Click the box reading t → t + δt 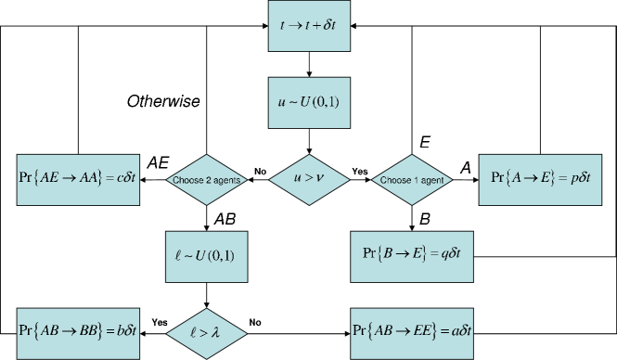pyautogui.click(x=309, y=26)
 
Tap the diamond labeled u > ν pyautogui.click(x=309, y=178)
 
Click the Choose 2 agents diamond pyautogui.click(x=205, y=180)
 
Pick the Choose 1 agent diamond pyautogui.click(x=411, y=180)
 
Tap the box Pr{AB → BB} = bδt pyautogui.click(x=78, y=330)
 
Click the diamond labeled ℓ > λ pyautogui.click(x=205, y=331)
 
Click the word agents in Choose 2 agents pyautogui.click(x=225, y=181)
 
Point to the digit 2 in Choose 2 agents pyautogui.click(x=203, y=180)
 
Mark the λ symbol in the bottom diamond pyautogui.click(x=216, y=331)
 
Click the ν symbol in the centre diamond pyautogui.click(x=319, y=178)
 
